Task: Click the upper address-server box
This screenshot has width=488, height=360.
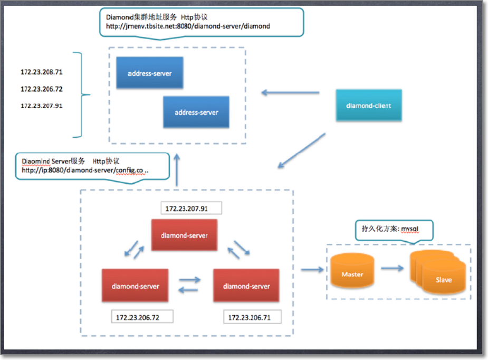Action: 150,73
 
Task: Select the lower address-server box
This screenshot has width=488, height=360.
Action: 196,112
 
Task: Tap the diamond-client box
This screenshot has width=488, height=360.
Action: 368,106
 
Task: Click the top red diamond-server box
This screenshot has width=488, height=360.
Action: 184,235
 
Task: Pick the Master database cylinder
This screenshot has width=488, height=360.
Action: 352,273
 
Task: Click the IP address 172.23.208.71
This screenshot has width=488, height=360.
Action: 42,72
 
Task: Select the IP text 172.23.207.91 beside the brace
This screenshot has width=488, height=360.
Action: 42,106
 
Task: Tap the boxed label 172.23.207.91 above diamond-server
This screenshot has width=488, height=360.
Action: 186,209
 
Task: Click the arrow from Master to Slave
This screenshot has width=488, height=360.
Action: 392,269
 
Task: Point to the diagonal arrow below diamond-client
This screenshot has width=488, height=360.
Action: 301,151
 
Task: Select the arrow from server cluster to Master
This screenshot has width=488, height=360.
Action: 312,270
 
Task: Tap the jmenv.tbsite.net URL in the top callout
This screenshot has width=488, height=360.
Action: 188,25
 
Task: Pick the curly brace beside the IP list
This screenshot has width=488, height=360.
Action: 81,95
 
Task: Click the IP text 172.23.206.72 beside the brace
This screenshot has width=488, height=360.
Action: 42,89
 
